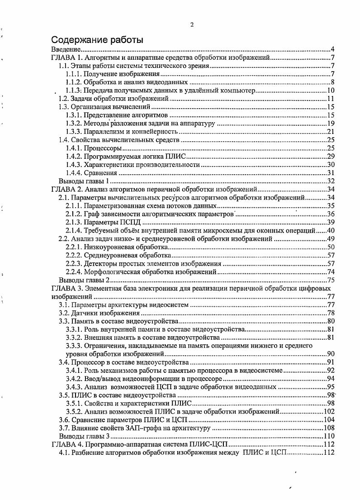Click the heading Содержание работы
(97, 40)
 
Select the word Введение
(66, 49)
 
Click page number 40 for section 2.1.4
(331, 230)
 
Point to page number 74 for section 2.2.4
(331, 271)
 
